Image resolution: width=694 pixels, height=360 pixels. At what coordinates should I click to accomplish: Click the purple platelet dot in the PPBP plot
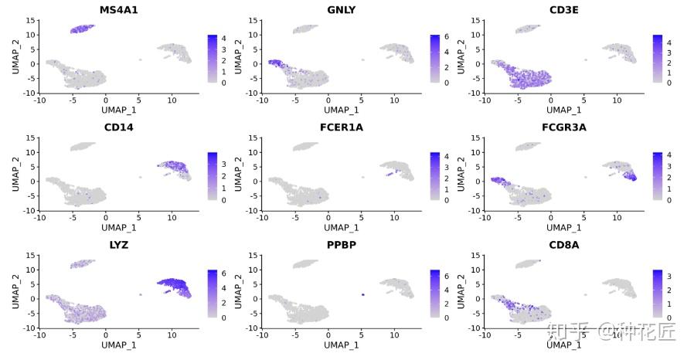coord(362,295)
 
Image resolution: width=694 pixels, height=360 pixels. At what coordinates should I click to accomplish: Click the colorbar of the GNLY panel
coord(436,59)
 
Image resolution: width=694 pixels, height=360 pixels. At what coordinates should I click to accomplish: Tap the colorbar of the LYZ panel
coord(213,294)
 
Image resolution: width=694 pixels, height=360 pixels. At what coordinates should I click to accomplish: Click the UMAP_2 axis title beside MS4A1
coord(15,57)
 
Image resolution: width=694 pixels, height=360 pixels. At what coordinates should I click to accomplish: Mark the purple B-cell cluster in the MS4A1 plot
coord(81,29)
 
